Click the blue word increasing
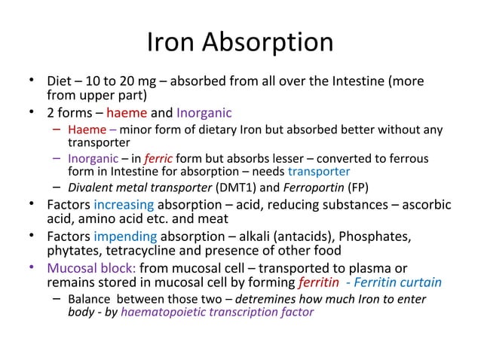(124, 205)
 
